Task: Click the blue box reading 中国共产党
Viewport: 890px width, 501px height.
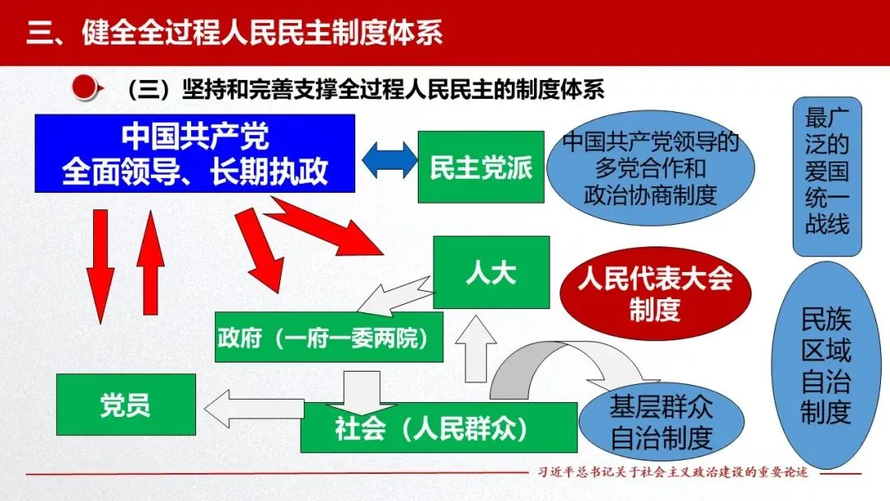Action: click(x=194, y=153)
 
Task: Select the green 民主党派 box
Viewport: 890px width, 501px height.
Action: click(x=480, y=166)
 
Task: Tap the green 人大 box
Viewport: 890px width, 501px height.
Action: click(x=490, y=273)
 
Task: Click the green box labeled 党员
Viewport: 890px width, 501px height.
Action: click(x=125, y=405)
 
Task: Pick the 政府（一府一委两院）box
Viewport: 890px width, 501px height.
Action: click(x=328, y=337)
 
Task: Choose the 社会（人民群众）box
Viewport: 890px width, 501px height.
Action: click(x=438, y=428)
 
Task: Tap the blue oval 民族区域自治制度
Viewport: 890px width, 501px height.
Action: click(x=826, y=366)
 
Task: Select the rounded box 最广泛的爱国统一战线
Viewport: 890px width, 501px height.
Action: click(x=827, y=176)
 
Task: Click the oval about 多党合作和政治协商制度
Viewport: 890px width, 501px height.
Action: click(x=650, y=167)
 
